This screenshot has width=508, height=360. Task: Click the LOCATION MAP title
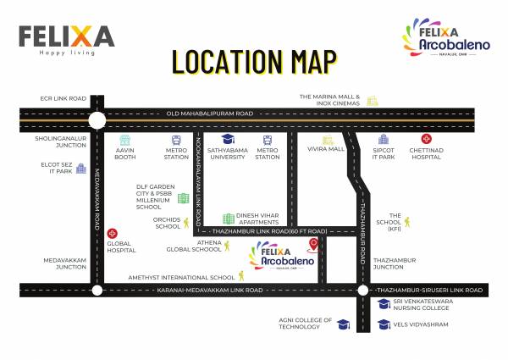tap(254, 62)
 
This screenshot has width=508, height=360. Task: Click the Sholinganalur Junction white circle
tap(97, 120)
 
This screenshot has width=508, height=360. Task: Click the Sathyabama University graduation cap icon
tap(228, 139)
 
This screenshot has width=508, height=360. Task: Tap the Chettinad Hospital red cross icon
tap(426, 139)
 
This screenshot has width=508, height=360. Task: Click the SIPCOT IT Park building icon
tap(384, 139)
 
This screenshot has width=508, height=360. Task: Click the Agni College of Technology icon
tap(343, 324)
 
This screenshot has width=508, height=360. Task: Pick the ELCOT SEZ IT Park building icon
tap(81, 169)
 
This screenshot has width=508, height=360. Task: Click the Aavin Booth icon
tap(125, 140)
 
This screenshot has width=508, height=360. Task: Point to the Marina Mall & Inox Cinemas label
tap(329, 100)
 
